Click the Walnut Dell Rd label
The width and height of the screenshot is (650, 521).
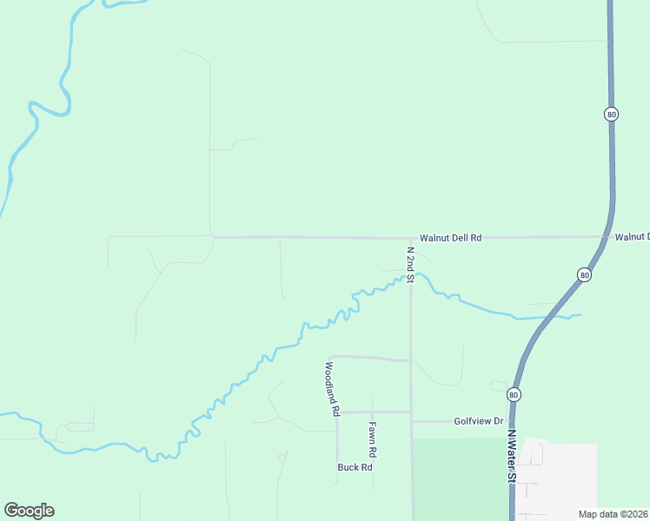(450, 237)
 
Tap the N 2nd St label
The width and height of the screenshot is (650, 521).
(410, 261)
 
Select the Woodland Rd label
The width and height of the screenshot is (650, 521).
(331, 389)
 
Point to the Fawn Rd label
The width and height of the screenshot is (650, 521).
(371, 440)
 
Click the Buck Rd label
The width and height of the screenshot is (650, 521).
(355, 467)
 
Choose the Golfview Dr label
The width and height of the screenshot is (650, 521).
(478, 421)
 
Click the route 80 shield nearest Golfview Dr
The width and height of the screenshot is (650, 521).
(514, 394)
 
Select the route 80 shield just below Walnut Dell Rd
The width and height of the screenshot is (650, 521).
(584, 274)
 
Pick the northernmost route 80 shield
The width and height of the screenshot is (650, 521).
(612, 114)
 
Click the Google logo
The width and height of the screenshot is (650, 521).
(29, 511)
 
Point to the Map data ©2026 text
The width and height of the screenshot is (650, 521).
(614, 514)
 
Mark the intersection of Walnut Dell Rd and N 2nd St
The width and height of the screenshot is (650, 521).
(411, 237)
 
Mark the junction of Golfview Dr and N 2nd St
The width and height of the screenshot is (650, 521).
(411, 421)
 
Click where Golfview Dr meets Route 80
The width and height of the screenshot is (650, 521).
(511, 421)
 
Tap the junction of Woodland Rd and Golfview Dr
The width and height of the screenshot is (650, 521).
(337, 412)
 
